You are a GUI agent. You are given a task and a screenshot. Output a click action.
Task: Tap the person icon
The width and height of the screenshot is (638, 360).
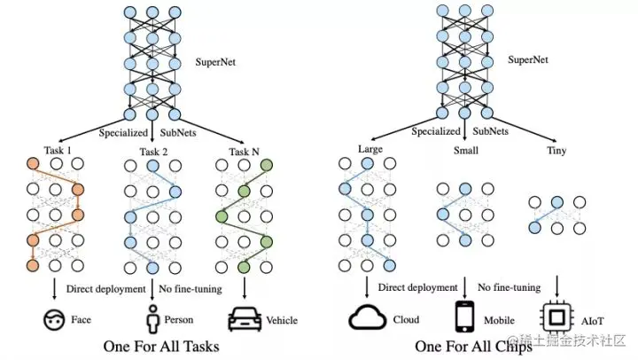pyautogui.click(x=152, y=317)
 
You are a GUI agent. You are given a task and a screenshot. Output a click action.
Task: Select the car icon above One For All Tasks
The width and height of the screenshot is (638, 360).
pyautogui.click(x=245, y=317)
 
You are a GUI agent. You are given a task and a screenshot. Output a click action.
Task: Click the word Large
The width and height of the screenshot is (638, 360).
pyautogui.click(x=371, y=149)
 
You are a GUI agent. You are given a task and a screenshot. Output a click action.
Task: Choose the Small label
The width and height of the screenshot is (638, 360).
pyautogui.click(x=465, y=151)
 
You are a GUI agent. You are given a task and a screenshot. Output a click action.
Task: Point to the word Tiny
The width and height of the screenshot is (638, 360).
pyautogui.click(x=556, y=150)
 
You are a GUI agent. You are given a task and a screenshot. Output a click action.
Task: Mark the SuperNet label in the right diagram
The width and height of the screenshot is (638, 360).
pyautogui.click(x=526, y=61)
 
